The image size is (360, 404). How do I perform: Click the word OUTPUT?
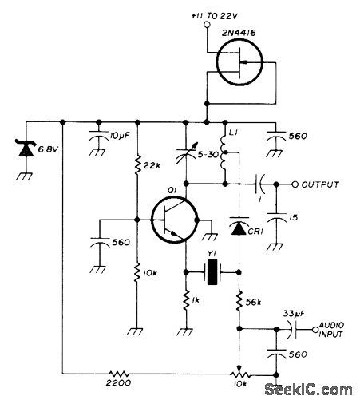320,184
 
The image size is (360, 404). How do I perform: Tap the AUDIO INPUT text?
334,329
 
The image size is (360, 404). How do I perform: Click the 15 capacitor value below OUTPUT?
294,217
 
